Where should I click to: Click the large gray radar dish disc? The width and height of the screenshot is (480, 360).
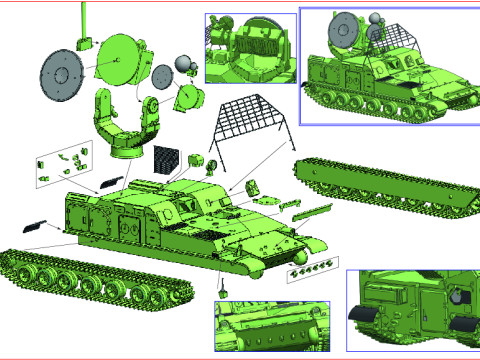[63, 74]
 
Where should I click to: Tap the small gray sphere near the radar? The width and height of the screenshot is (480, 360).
[184, 65]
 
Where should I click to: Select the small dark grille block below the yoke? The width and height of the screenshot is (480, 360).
[166, 158]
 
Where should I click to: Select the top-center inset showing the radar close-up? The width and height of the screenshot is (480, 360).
[250, 47]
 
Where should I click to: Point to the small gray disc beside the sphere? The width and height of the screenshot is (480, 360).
[163, 77]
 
